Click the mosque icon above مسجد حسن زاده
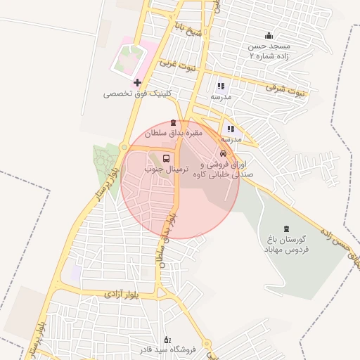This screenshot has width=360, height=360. [x=268, y=36]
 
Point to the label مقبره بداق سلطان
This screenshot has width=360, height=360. [x=174, y=133]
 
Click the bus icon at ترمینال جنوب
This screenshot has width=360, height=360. [x=166, y=158]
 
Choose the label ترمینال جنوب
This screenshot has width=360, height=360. [x=163, y=169]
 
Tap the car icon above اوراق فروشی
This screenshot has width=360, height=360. [x=223, y=153]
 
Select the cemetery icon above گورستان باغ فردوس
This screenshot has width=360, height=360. [x=285, y=229]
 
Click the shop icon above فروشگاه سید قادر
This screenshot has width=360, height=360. [x=167, y=339]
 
